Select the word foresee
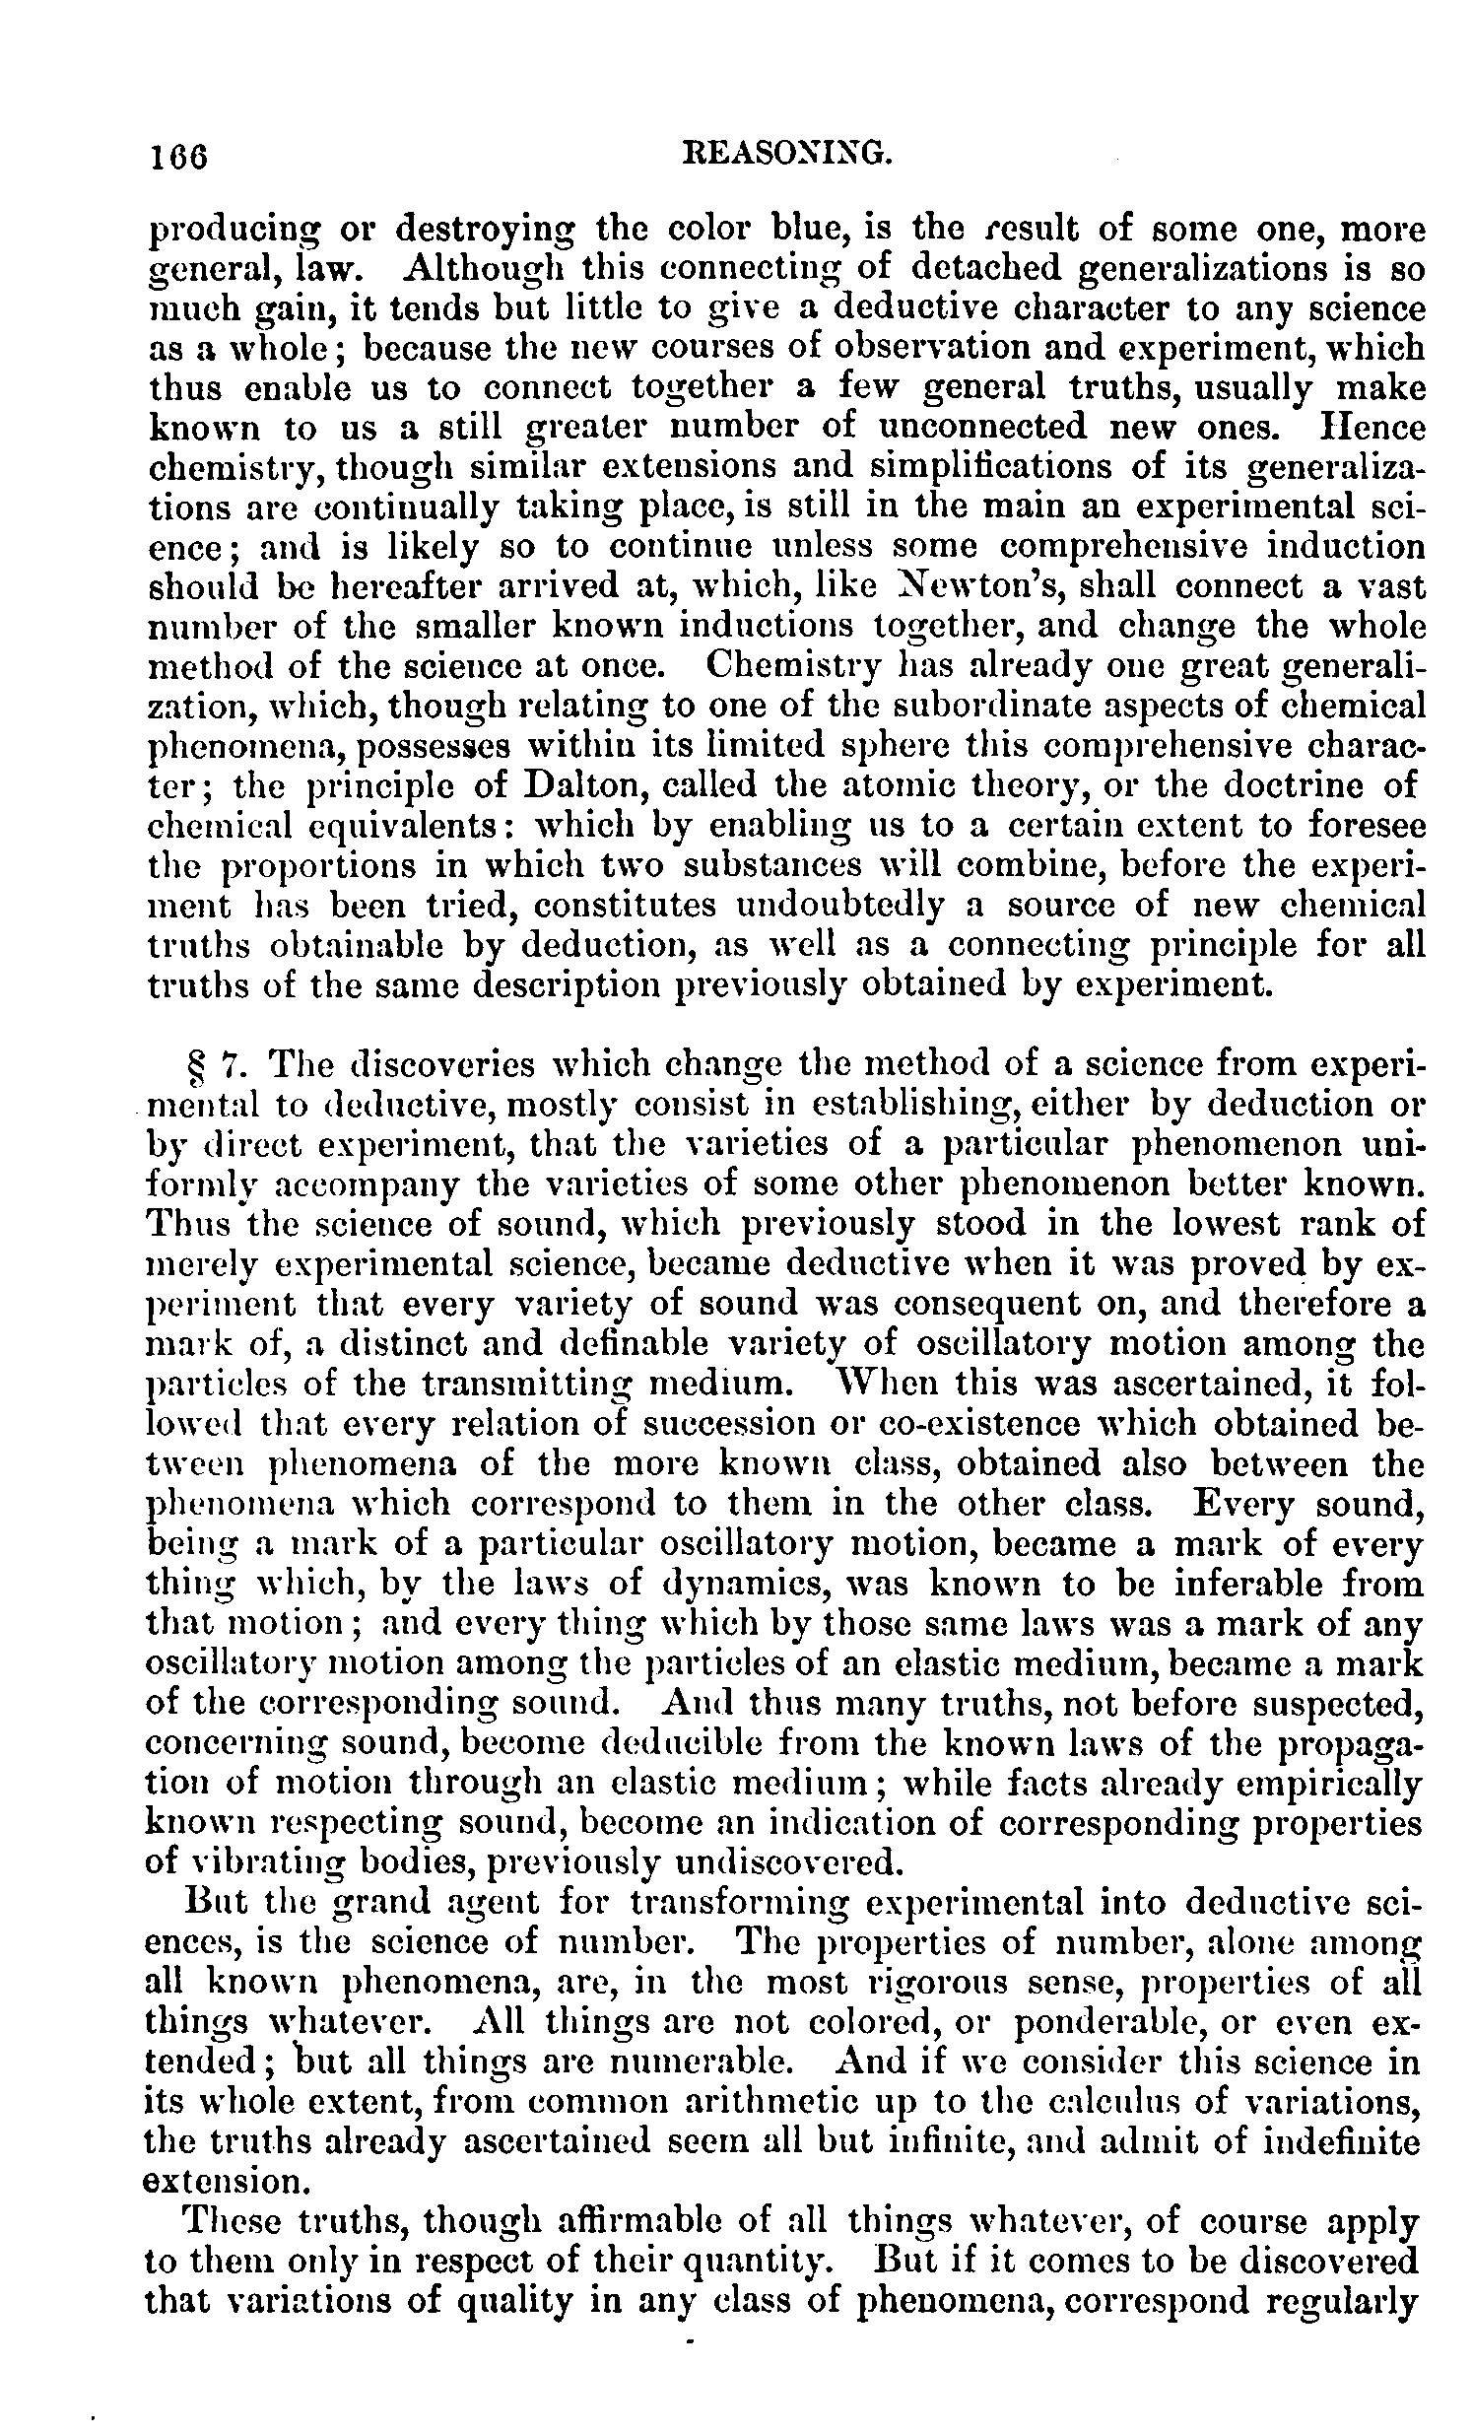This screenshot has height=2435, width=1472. [x=1363, y=825]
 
